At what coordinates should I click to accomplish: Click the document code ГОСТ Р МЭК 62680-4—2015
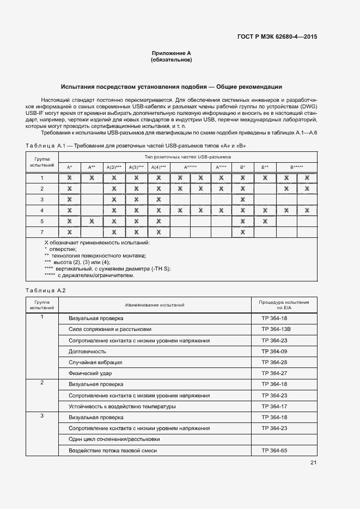278,38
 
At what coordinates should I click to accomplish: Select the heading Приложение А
171,53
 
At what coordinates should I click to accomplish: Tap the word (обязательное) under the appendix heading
171,60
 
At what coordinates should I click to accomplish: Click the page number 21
313,463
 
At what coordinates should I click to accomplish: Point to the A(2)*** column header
114,167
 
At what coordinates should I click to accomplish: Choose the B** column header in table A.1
265,167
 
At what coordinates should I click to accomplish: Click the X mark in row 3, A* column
69,200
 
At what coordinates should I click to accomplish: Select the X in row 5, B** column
265,222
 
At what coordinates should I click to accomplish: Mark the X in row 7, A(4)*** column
158,232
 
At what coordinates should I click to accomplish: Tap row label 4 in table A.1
42,211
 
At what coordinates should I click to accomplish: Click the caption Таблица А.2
46,290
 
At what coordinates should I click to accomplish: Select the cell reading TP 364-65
274,450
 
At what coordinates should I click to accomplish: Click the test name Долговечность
87,351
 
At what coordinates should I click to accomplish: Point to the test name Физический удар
90,373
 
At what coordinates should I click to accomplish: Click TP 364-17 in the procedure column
274,406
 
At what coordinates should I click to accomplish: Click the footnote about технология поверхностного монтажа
95,255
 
